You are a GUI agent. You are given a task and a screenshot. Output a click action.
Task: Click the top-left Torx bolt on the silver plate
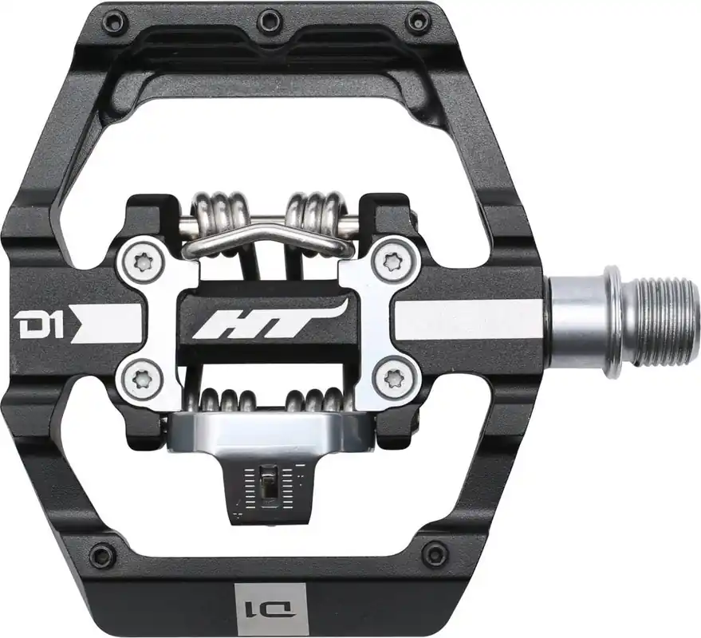tap(142, 261)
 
